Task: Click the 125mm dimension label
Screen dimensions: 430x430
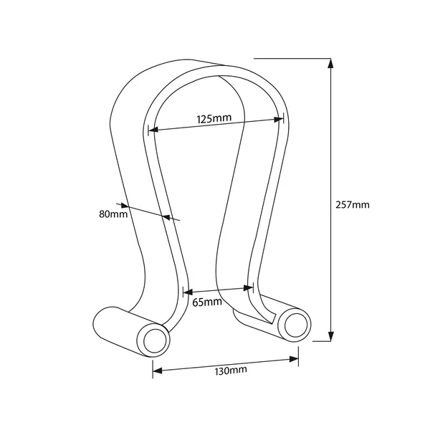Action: [214, 118]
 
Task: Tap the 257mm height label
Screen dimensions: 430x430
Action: [353, 204]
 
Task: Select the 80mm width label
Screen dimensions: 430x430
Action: [113, 214]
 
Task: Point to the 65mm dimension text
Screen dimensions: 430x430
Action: [207, 302]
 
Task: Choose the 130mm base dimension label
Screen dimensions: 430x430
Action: [231, 371]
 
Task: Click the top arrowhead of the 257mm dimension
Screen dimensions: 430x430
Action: [331, 64]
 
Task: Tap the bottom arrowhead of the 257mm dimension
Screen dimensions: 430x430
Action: [331, 336]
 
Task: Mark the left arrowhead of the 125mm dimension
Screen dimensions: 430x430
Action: [153, 129]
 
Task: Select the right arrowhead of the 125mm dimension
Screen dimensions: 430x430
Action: [279, 119]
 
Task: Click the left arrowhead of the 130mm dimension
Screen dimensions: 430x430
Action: [158, 371]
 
